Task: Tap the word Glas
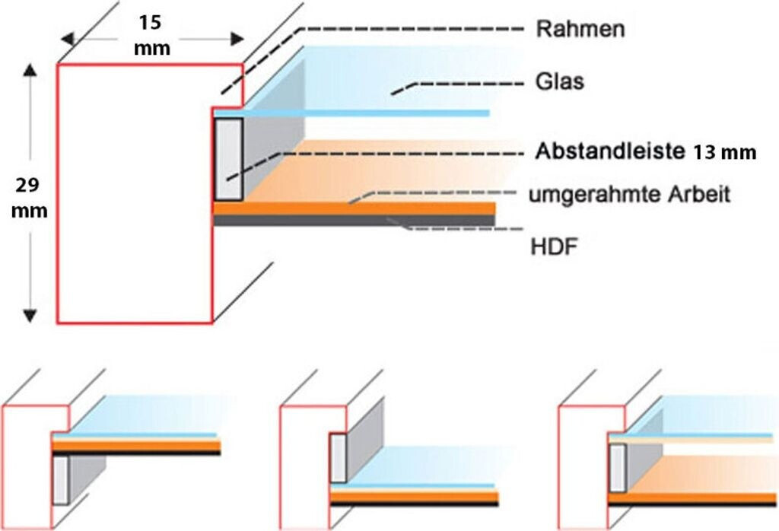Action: point(560,81)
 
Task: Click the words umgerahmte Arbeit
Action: point(629,195)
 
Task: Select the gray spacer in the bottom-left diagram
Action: point(61,479)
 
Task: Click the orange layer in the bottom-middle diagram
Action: point(414,497)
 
